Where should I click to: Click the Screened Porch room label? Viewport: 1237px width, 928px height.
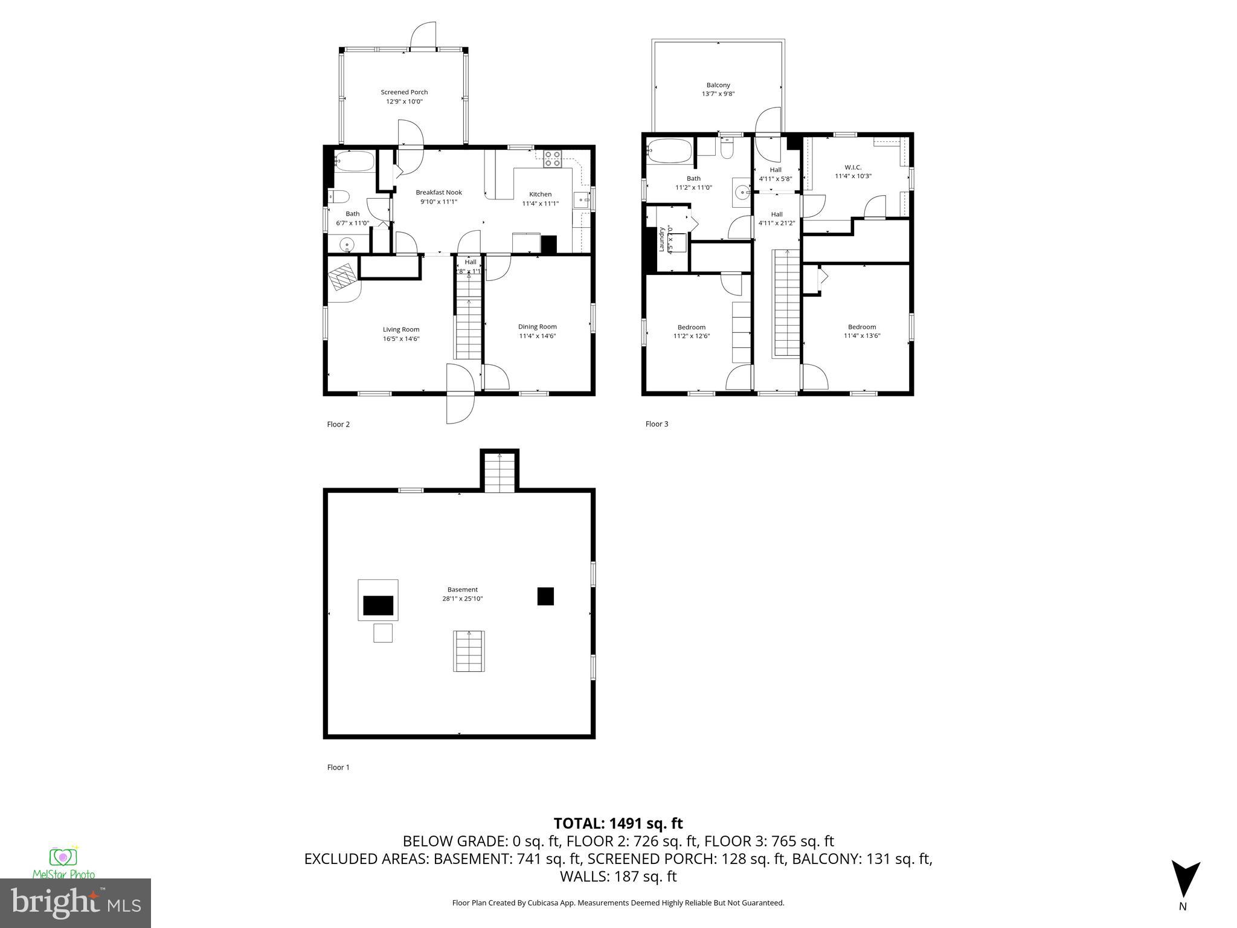[x=404, y=92]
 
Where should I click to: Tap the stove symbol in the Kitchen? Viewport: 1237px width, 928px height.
[x=552, y=158]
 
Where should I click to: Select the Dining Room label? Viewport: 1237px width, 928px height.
[x=537, y=327]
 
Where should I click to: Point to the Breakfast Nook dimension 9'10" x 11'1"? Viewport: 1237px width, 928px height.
[x=439, y=202]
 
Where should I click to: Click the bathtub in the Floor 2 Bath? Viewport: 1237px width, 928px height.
[x=354, y=162]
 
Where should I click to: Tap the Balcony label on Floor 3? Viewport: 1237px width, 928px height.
[x=718, y=85]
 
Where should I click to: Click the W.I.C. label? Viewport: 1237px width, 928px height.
[x=852, y=167]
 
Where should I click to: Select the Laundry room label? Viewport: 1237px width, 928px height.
[x=662, y=239]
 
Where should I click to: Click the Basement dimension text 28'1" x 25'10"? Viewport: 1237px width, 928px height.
[x=462, y=599]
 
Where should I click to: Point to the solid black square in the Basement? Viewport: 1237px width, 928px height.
[x=545, y=596]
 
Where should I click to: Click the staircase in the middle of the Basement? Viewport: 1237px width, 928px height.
[x=469, y=651]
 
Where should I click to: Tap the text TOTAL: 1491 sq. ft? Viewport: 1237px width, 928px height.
[x=618, y=823]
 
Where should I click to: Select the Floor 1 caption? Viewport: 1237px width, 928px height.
[x=338, y=767]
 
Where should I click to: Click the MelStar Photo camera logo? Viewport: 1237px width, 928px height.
[x=63, y=857]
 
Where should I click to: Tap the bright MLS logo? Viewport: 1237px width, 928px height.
[x=76, y=903]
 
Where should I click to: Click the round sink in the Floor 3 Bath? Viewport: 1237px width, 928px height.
[x=742, y=192]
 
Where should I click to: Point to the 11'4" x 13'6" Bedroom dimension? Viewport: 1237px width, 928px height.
[x=862, y=335]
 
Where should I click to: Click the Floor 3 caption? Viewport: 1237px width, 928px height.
[x=657, y=424]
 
